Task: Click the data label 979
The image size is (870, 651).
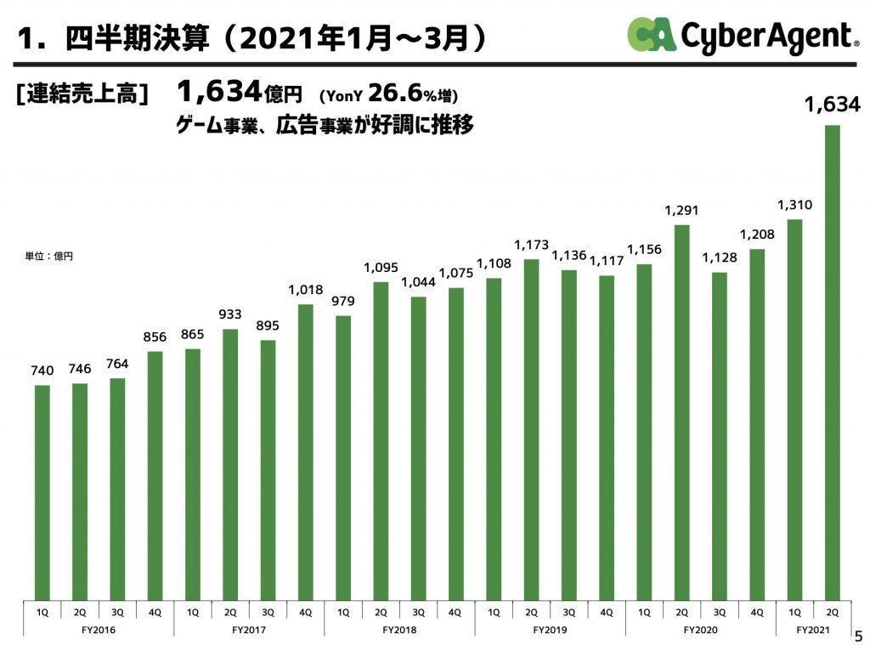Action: (343, 301)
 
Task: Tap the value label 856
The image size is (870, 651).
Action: (155, 337)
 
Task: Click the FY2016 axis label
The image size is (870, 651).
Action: (98, 630)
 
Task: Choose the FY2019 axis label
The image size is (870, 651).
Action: (550, 630)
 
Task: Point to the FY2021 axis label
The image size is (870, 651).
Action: (814, 630)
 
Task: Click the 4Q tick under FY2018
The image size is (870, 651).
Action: (455, 611)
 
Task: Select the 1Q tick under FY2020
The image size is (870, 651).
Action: (644, 611)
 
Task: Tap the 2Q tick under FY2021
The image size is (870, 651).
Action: (833, 611)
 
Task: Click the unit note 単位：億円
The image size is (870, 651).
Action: (48, 255)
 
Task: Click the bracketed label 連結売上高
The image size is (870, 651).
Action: (82, 94)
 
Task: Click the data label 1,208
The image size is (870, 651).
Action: (757, 234)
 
